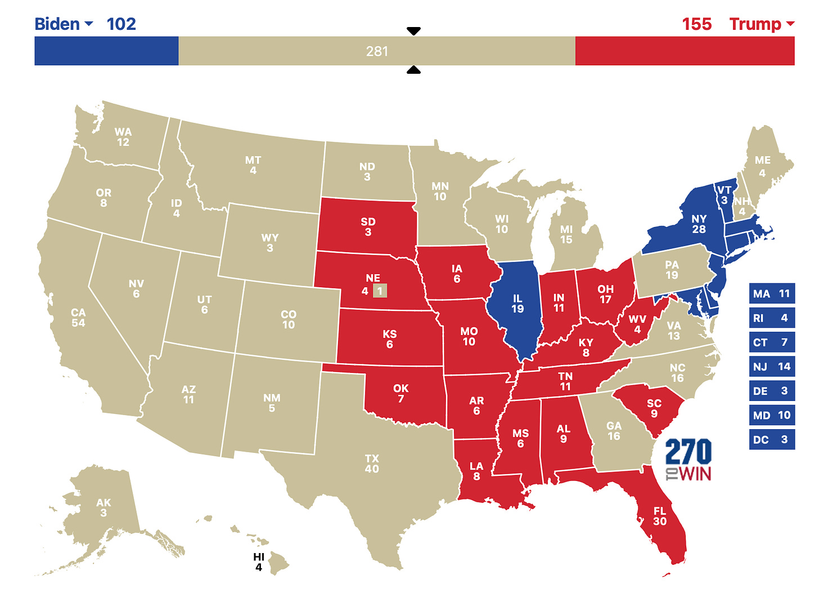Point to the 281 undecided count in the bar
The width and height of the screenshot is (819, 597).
tap(377, 51)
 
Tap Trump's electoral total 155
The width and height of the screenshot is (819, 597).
tap(696, 24)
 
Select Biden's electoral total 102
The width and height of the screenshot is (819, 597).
tap(121, 24)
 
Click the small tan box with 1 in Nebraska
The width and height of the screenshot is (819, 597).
tap(380, 291)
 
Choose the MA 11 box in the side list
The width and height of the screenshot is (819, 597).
tap(772, 293)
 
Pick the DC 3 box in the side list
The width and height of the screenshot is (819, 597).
tap(772, 439)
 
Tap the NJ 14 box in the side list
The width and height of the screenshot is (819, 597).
tap(772, 367)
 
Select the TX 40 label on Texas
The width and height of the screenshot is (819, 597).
tap(372, 464)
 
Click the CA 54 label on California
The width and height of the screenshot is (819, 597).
tap(78, 318)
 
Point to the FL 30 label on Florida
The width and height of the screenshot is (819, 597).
tap(660, 516)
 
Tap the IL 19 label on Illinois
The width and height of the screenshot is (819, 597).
tap(517, 304)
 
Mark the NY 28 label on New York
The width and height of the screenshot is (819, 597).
tap(699, 224)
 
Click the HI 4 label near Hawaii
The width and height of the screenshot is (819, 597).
tap(259, 562)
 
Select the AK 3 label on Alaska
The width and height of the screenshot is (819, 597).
tap(103, 507)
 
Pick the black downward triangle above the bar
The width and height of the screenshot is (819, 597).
tap(413, 31)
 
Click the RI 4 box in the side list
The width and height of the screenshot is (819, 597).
tap(772, 318)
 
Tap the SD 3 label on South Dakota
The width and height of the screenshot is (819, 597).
tap(368, 226)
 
